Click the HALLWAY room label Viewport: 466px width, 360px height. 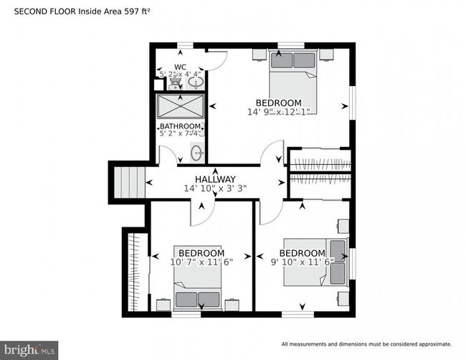pos(215,179)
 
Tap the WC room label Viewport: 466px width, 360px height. pos(181,67)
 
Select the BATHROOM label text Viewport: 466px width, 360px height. pos(180,126)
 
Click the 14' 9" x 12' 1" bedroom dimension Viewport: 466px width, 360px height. pos(279,112)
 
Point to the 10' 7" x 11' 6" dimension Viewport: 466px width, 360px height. pos(201,262)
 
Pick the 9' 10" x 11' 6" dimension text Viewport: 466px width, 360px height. pos(303,262)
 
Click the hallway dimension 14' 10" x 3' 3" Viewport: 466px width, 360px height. pos(215,189)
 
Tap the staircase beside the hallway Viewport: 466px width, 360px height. pos(130,182)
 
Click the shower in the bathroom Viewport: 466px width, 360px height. pos(181,106)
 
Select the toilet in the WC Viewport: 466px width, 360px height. pos(176,82)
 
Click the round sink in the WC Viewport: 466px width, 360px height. pos(196,82)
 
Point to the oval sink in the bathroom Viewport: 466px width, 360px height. pos(196,153)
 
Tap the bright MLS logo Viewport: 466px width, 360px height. pos(29,351)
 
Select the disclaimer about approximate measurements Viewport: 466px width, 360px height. pos(366,344)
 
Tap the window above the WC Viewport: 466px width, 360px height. pos(185,45)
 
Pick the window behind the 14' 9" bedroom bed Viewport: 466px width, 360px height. pos(291,45)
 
